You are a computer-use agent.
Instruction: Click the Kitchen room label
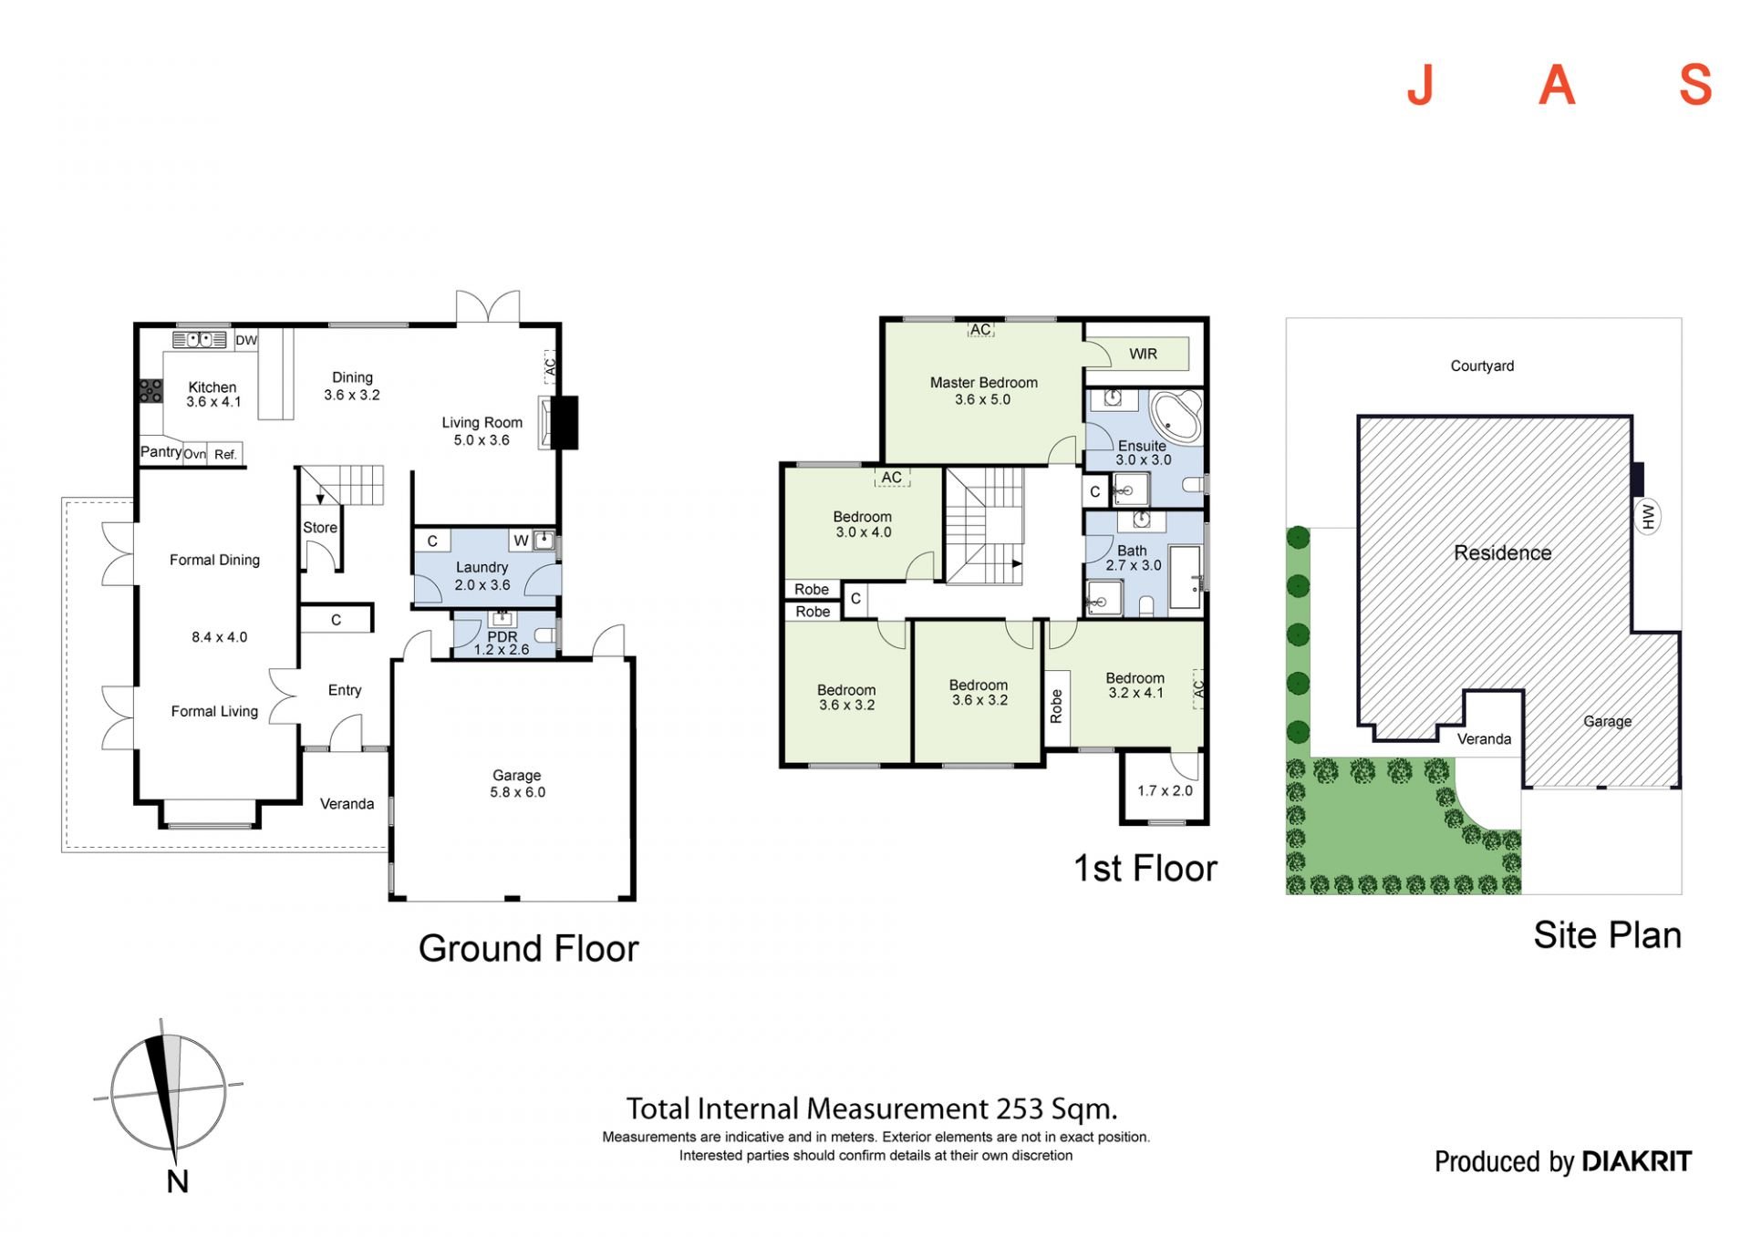[x=212, y=387]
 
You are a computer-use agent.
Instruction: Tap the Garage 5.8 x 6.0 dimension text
[x=517, y=792]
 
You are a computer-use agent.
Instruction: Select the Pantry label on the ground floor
[x=161, y=452]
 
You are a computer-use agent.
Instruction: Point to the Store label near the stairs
[x=320, y=528]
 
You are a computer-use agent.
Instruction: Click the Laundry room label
[x=482, y=567]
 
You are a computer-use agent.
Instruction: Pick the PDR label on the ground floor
[x=503, y=636]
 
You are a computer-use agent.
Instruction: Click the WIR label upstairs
[x=1143, y=354]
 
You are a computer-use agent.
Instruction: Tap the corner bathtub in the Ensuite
[x=1175, y=417]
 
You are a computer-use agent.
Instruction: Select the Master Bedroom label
[x=984, y=383]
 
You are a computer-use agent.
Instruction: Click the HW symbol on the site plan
[x=1647, y=517]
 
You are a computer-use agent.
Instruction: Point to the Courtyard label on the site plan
[x=1482, y=366]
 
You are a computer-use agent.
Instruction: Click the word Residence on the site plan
[x=1502, y=553]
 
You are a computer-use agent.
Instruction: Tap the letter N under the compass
[x=178, y=1181]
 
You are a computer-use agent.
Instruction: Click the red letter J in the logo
[x=1420, y=85]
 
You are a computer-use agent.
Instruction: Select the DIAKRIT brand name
[x=1636, y=1161]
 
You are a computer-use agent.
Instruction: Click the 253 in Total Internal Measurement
[x=1018, y=1108]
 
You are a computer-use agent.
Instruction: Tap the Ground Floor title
[x=528, y=949]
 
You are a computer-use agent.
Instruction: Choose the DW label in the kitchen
[x=246, y=340]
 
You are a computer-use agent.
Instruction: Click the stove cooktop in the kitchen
[x=150, y=391]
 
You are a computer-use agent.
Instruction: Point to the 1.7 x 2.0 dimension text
[x=1165, y=790]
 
